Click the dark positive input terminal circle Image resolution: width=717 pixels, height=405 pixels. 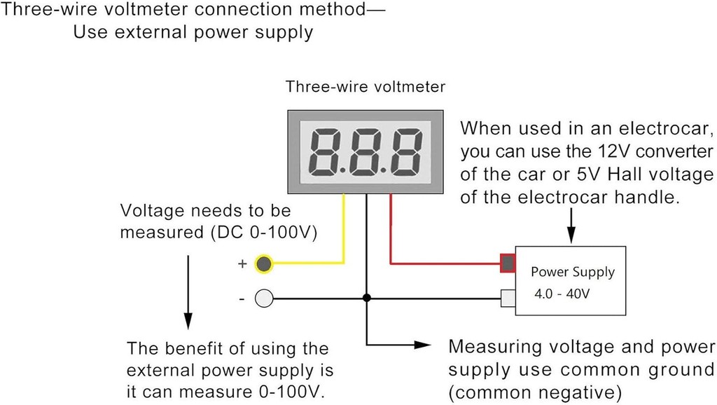pyautogui.click(x=263, y=264)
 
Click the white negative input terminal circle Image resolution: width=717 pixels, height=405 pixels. pyautogui.click(x=263, y=299)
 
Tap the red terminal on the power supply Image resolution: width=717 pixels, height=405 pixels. pyautogui.click(x=508, y=263)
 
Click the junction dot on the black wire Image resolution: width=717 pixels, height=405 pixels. pyautogui.click(x=366, y=298)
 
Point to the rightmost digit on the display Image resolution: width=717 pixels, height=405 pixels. pyautogui.click(x=404, y=153)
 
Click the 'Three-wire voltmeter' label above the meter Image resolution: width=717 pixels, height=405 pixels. pyautogui.click(x=365, y=87)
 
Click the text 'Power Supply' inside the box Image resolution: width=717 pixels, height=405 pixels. pyautogui.click(x=572, y=272)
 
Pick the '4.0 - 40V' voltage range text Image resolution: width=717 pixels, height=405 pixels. pyautogui.click(x=562, y=294)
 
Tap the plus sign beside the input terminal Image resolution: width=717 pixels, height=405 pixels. pyautogui.click(x=243, y=264)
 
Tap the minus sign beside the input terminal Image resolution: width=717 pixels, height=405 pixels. pyautogui.click(x=242, y=299)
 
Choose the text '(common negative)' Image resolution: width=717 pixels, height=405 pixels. pyautogui.click(x=536, y=390)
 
